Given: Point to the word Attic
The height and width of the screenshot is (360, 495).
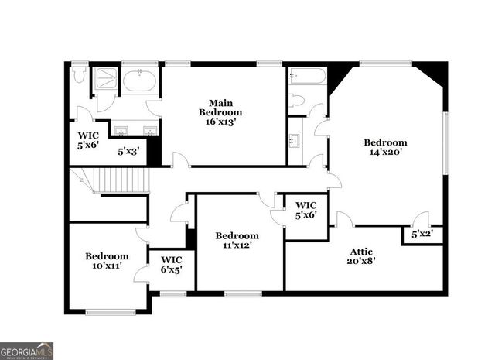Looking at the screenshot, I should coord(362,251).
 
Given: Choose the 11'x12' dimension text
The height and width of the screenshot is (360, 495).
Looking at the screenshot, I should coord(237,245).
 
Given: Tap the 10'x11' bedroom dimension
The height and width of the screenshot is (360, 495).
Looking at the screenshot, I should coord(107,266).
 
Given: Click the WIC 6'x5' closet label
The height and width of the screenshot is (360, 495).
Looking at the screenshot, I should coord(171,264).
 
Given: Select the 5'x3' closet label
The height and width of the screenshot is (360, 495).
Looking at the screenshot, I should coord(128,151).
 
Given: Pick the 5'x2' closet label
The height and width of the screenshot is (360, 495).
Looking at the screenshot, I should coord(422,233).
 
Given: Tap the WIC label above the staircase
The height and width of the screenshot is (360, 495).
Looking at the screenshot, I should coord(88,137).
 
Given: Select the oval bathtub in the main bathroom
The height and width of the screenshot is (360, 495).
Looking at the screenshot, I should coord(140,81).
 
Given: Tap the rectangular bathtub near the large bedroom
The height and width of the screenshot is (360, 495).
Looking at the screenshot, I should coord(307,77).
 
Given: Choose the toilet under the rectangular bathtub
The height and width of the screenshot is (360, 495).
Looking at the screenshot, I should coord(297,101).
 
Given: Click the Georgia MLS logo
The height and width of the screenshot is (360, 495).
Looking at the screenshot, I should coord(26,350).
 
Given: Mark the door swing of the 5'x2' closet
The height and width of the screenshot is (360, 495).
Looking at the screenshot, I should coord(421,220).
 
